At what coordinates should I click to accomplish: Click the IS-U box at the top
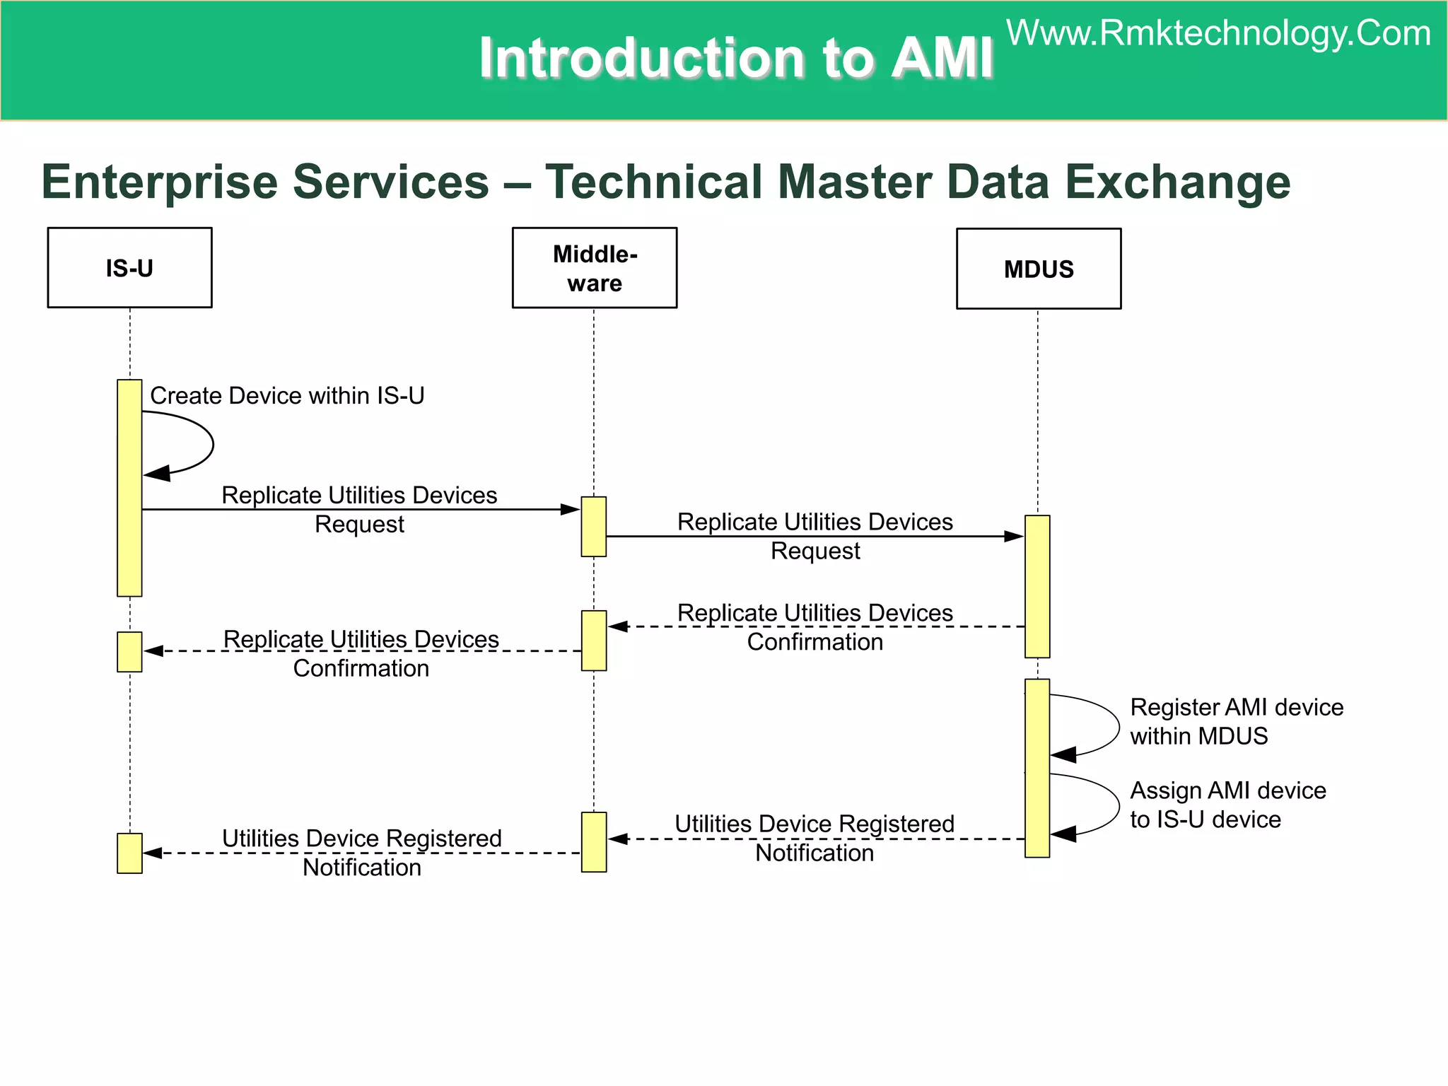tap(129, 268)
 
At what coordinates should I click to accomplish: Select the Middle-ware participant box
tap(595, 268)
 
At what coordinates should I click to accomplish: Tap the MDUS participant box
tap(1038, 269)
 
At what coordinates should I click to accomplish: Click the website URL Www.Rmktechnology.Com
tap(1218, 34)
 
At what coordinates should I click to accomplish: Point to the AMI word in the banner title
tap(942, 58)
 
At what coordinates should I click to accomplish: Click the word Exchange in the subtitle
tap(1177, 182)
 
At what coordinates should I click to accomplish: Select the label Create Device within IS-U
tap(287, 396)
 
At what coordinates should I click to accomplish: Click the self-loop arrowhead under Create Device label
tap(157, 474)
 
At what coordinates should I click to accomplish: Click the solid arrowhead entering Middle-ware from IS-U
tap(570, 509)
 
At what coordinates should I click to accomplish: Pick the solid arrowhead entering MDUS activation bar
tap(1014, 537)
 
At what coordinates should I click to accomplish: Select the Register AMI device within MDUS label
tap(1235, 721)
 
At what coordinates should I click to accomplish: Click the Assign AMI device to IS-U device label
tap(1227, 805)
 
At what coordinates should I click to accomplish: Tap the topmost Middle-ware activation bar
tap(594, 527)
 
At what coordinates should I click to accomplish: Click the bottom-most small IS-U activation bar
tap(129, 853)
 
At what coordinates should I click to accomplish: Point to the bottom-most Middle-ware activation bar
tap(594, 842)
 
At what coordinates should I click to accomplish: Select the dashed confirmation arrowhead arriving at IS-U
tap(153, 651)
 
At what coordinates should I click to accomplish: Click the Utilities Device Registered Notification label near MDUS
tap(814, 838)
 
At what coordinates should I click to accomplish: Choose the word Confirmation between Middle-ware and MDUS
tap(814, 642)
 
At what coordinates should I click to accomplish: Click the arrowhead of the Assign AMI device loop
tap(1063, 834)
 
